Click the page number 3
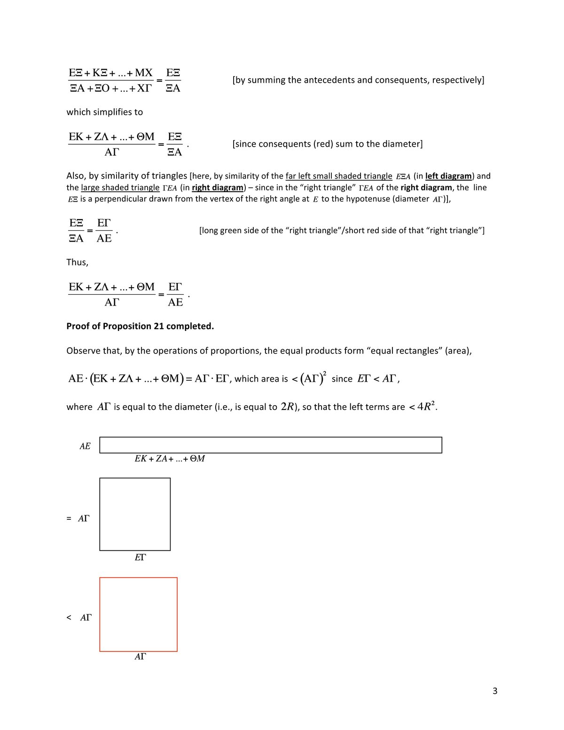pos(495,691)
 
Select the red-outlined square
pos(138,614)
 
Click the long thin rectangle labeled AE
pos(270,445)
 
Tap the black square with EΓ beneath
pos(135,514)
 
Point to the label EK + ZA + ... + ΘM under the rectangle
pos(169,459)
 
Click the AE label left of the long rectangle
pos(85,446)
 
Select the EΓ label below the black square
pos(140,557)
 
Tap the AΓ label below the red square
pos(140,657)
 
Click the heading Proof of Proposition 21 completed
pos(140,326)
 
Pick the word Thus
pos(77,262)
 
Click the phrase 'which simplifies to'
pos(104,112)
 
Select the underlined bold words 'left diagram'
pos(448,176)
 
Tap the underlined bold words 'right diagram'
pos(218,188)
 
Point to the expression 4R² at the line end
pos(426,406)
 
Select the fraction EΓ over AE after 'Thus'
pos(175,295)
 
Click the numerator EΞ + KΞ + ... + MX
pos(111,73)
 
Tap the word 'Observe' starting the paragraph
pos(83,351)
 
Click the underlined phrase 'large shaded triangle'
pos(120,188)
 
